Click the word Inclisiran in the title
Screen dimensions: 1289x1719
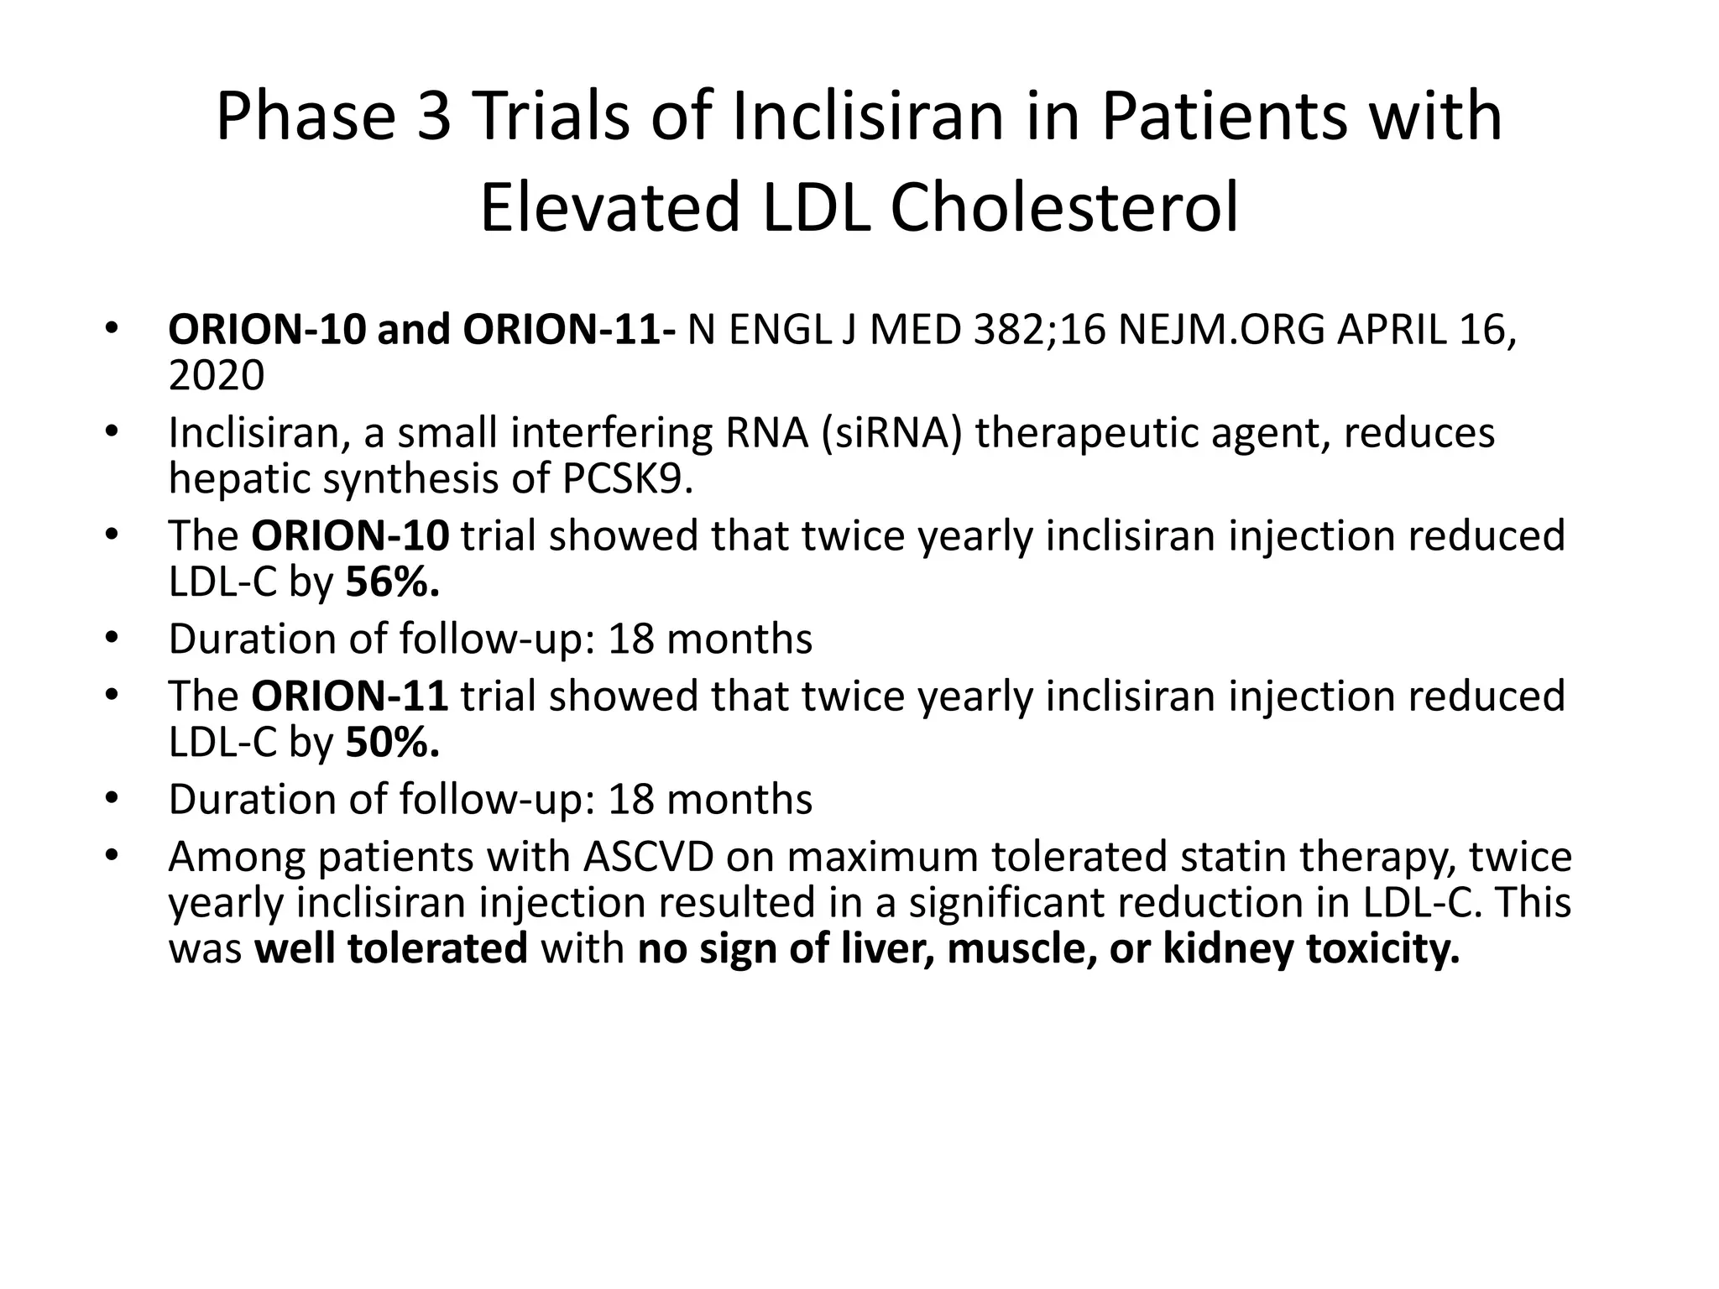pyautogui.click(x=868, y=117)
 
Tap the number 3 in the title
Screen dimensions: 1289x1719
pyautogui.click(x=434, y=117)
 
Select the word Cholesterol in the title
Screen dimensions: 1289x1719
pyautogui.click(x=1063, y=208)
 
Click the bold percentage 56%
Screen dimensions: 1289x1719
pyautogui.click(x=392, y=582)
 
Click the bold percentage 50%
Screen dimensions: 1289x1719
pyautogui.click(x=392, y=742)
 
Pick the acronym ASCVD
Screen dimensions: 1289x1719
pyautogui.click(x=648, y=857)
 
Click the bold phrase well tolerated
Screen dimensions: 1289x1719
pyautogui.click(x=391, y=949)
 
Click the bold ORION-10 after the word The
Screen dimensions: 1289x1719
pyautogui.click(x=350, y=536)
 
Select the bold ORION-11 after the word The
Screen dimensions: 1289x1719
pyautogui.click(x=350, y=697)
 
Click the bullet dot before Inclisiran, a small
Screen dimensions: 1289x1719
pyautogui.click(x=112, y=433)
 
